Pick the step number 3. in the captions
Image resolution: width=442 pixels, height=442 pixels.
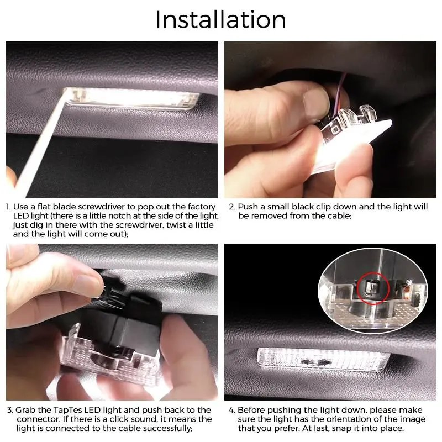point(9,410)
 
